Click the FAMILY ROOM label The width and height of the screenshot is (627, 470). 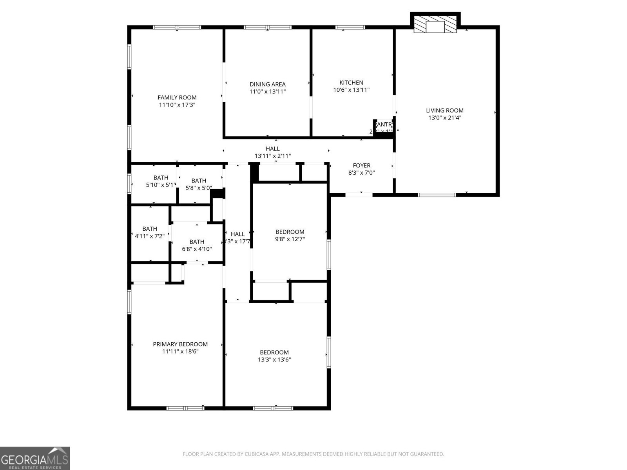(177, 98)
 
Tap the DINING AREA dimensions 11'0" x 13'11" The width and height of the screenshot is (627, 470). (268, 92)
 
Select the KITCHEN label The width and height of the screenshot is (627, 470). (351, 83)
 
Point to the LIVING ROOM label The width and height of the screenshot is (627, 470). (445, 110)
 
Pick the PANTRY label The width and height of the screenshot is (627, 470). (383, 125)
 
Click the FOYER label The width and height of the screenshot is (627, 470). (361, 165)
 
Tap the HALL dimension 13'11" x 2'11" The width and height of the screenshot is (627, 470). (273, 156)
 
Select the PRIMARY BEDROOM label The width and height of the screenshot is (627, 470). (180, 344)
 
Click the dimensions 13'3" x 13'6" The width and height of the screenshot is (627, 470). (274, 360)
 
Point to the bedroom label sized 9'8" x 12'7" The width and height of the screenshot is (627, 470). (290, 232)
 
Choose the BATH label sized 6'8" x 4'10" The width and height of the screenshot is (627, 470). (197, 242)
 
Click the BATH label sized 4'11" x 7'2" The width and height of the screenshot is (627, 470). (150, 229)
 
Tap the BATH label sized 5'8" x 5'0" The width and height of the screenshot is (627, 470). (199, 181)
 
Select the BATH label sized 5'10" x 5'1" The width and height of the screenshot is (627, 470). (161, 178)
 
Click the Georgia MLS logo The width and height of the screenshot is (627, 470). (35, 458)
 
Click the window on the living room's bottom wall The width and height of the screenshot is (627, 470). (437, 194)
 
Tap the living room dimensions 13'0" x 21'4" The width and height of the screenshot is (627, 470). (445, 117)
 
